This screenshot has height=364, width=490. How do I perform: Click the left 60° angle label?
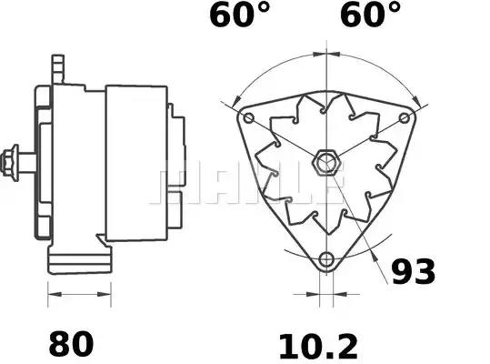click(x=239, y=15)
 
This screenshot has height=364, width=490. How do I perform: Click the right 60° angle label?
click(x=370, y=15)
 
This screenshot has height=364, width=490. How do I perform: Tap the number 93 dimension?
click(x=413, y=271)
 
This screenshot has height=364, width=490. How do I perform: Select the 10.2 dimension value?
click(x=318, y=347)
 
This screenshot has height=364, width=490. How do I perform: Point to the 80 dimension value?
click(x=71, y=344)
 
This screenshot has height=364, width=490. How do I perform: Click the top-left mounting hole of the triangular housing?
click(x=248, y=118)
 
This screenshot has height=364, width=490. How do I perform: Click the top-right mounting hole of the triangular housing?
click(x=405, y=118)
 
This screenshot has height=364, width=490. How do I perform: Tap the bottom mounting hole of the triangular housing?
click(x=326, y=259)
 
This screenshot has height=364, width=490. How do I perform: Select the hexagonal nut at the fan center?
click(x=325, y=163)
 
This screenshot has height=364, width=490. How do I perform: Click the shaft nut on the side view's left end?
click(x=10, y=163)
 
